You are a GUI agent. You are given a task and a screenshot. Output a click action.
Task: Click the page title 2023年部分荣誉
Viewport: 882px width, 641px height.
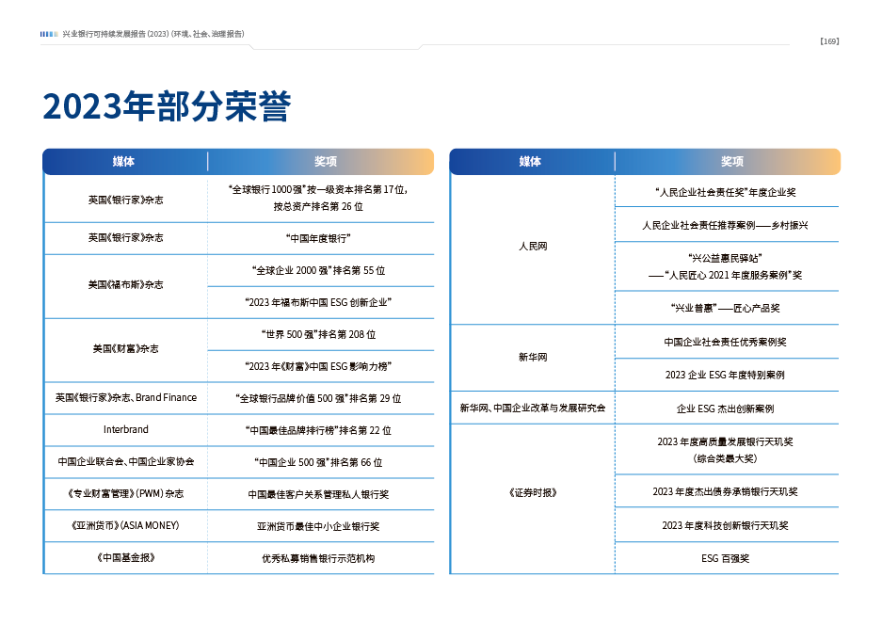[x=166, y=107]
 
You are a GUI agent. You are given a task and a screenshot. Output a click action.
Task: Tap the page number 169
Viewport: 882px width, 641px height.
[x=828, y=40]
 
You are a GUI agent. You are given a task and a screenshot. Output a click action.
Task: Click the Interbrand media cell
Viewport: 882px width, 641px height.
[x=125, y=429]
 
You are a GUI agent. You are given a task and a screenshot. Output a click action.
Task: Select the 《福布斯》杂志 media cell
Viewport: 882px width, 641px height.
[x=125, y=284]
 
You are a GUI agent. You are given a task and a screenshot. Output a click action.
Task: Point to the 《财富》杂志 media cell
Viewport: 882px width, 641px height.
[x=125, y=348]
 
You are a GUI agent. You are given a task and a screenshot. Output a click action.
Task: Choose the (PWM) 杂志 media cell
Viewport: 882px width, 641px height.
[x=125, y=493]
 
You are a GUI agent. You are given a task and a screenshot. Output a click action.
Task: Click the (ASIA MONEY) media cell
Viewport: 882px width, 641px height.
[x=125, y=525]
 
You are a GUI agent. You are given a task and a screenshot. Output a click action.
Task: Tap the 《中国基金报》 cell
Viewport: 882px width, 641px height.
[x=125, y=557]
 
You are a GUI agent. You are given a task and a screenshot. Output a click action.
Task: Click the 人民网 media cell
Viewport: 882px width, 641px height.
[x=532, y=247]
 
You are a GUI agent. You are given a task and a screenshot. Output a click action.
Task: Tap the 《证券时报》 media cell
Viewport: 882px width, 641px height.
[x=532, y=492]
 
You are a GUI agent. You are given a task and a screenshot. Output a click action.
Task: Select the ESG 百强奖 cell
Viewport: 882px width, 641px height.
[x=725, y=558]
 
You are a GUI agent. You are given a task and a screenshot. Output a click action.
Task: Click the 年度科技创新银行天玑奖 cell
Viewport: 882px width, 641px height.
[x=725, y=525]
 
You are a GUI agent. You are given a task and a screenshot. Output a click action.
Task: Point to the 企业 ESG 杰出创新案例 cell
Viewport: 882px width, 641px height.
[x=725, y=409]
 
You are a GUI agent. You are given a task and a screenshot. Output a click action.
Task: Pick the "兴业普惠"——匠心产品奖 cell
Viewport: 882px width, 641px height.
[x=725, y=308]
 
